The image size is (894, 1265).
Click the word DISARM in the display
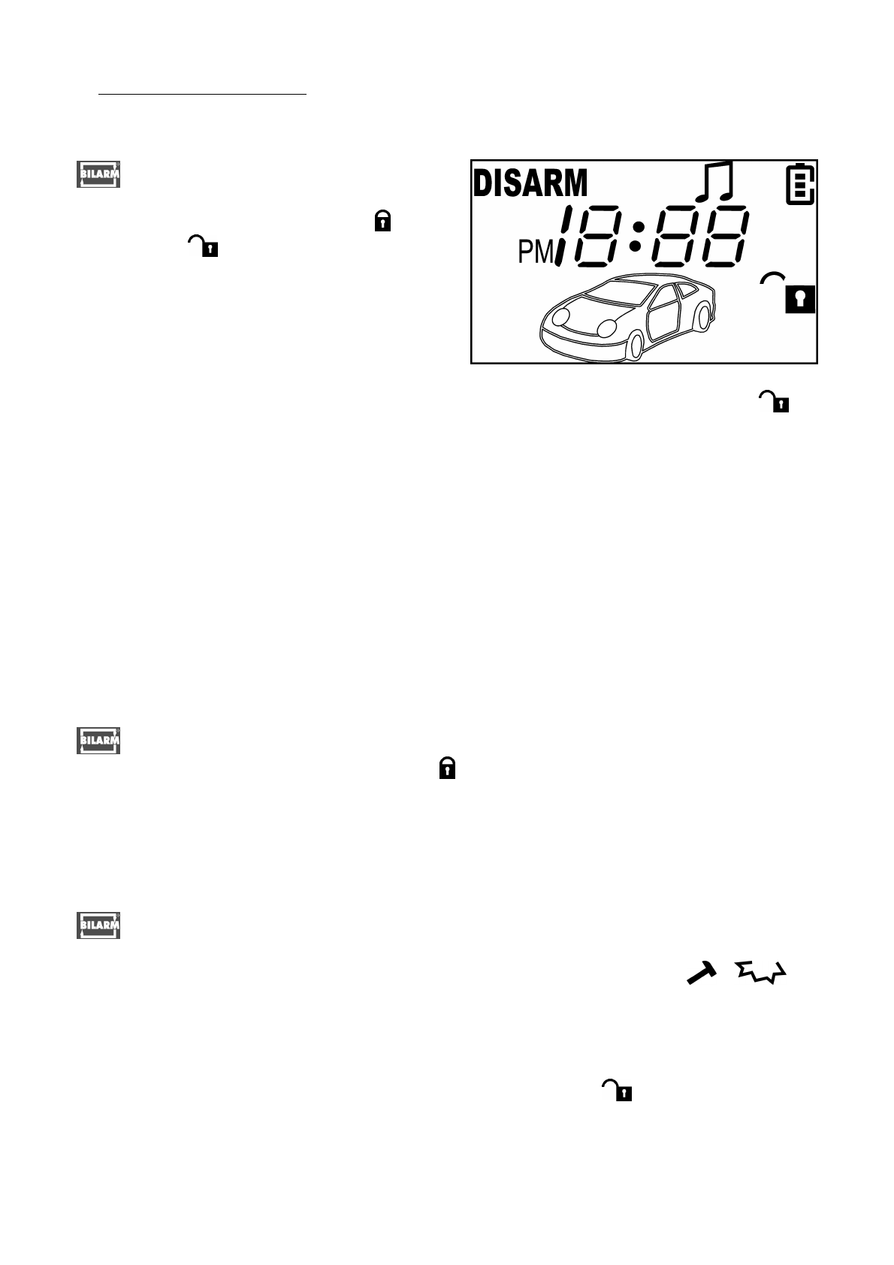pos(530,184)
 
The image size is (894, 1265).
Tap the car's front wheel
pos(636,346)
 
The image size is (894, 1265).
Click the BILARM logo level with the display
pos(99,174)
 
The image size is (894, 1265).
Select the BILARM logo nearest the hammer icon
pos(99,925)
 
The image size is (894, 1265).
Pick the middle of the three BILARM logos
pos(99,740)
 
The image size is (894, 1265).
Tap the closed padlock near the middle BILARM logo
pos(447,768)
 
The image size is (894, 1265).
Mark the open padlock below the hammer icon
pos(617,1090)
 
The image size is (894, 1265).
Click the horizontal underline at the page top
pos(203,95)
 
